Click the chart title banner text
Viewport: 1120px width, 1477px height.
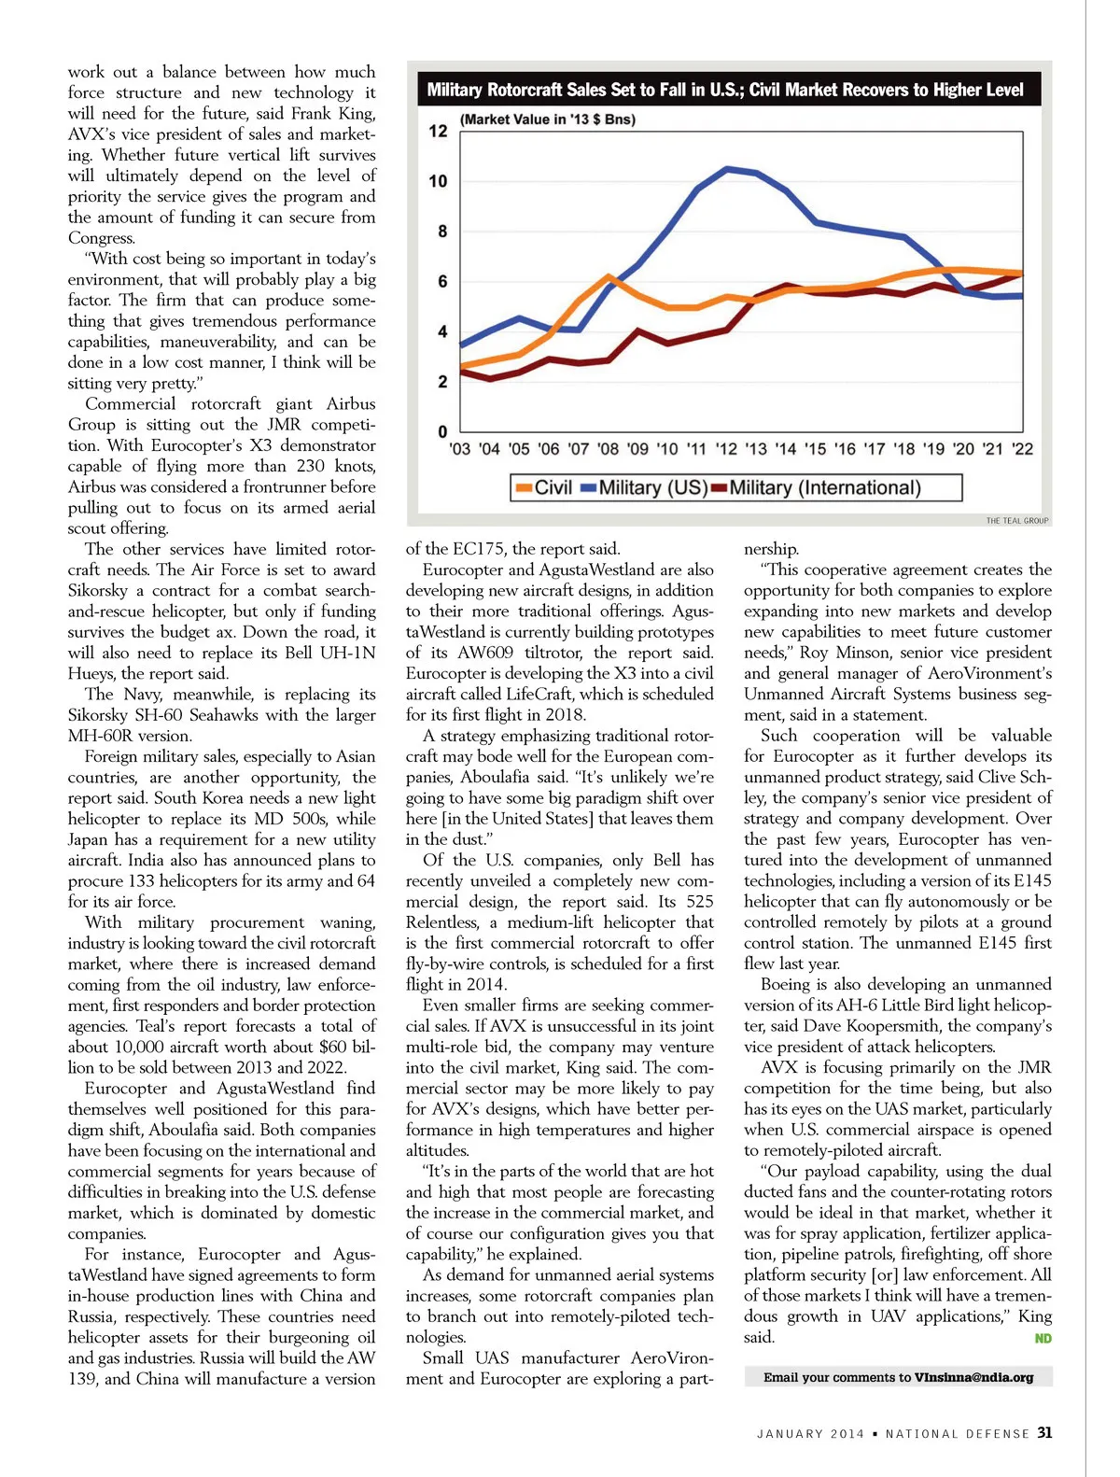click(x=724, y=90)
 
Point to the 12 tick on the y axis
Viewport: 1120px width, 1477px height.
click(x=438, y=132)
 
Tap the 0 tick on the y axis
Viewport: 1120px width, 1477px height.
click(x=442, y=431)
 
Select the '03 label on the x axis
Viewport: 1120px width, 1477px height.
click(x=459, y=449)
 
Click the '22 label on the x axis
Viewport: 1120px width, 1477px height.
click(x=1023, y=449)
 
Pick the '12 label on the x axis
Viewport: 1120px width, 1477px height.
click(x=726, y=449)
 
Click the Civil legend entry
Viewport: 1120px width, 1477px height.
click(x=543, y=487)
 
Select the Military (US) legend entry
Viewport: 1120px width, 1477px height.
click(x=644, y=487)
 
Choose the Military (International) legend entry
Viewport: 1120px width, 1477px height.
click(x=816, y=487)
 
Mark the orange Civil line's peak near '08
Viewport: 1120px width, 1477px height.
click(x=609, y=276)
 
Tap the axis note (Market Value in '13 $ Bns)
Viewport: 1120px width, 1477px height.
click(x=548, y=120)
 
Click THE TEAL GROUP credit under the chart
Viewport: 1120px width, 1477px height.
click(x=1016, y=521)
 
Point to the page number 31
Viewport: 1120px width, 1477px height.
click(x=1044, y=1433)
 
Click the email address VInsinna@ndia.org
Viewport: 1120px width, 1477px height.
click(x=973, y=1377)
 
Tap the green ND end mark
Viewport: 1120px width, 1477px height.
click(x=1043, y=1339)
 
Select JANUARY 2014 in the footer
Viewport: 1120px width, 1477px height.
click(x=810, y=1434)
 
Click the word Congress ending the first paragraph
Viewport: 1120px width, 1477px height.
click(x=101, y=238)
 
